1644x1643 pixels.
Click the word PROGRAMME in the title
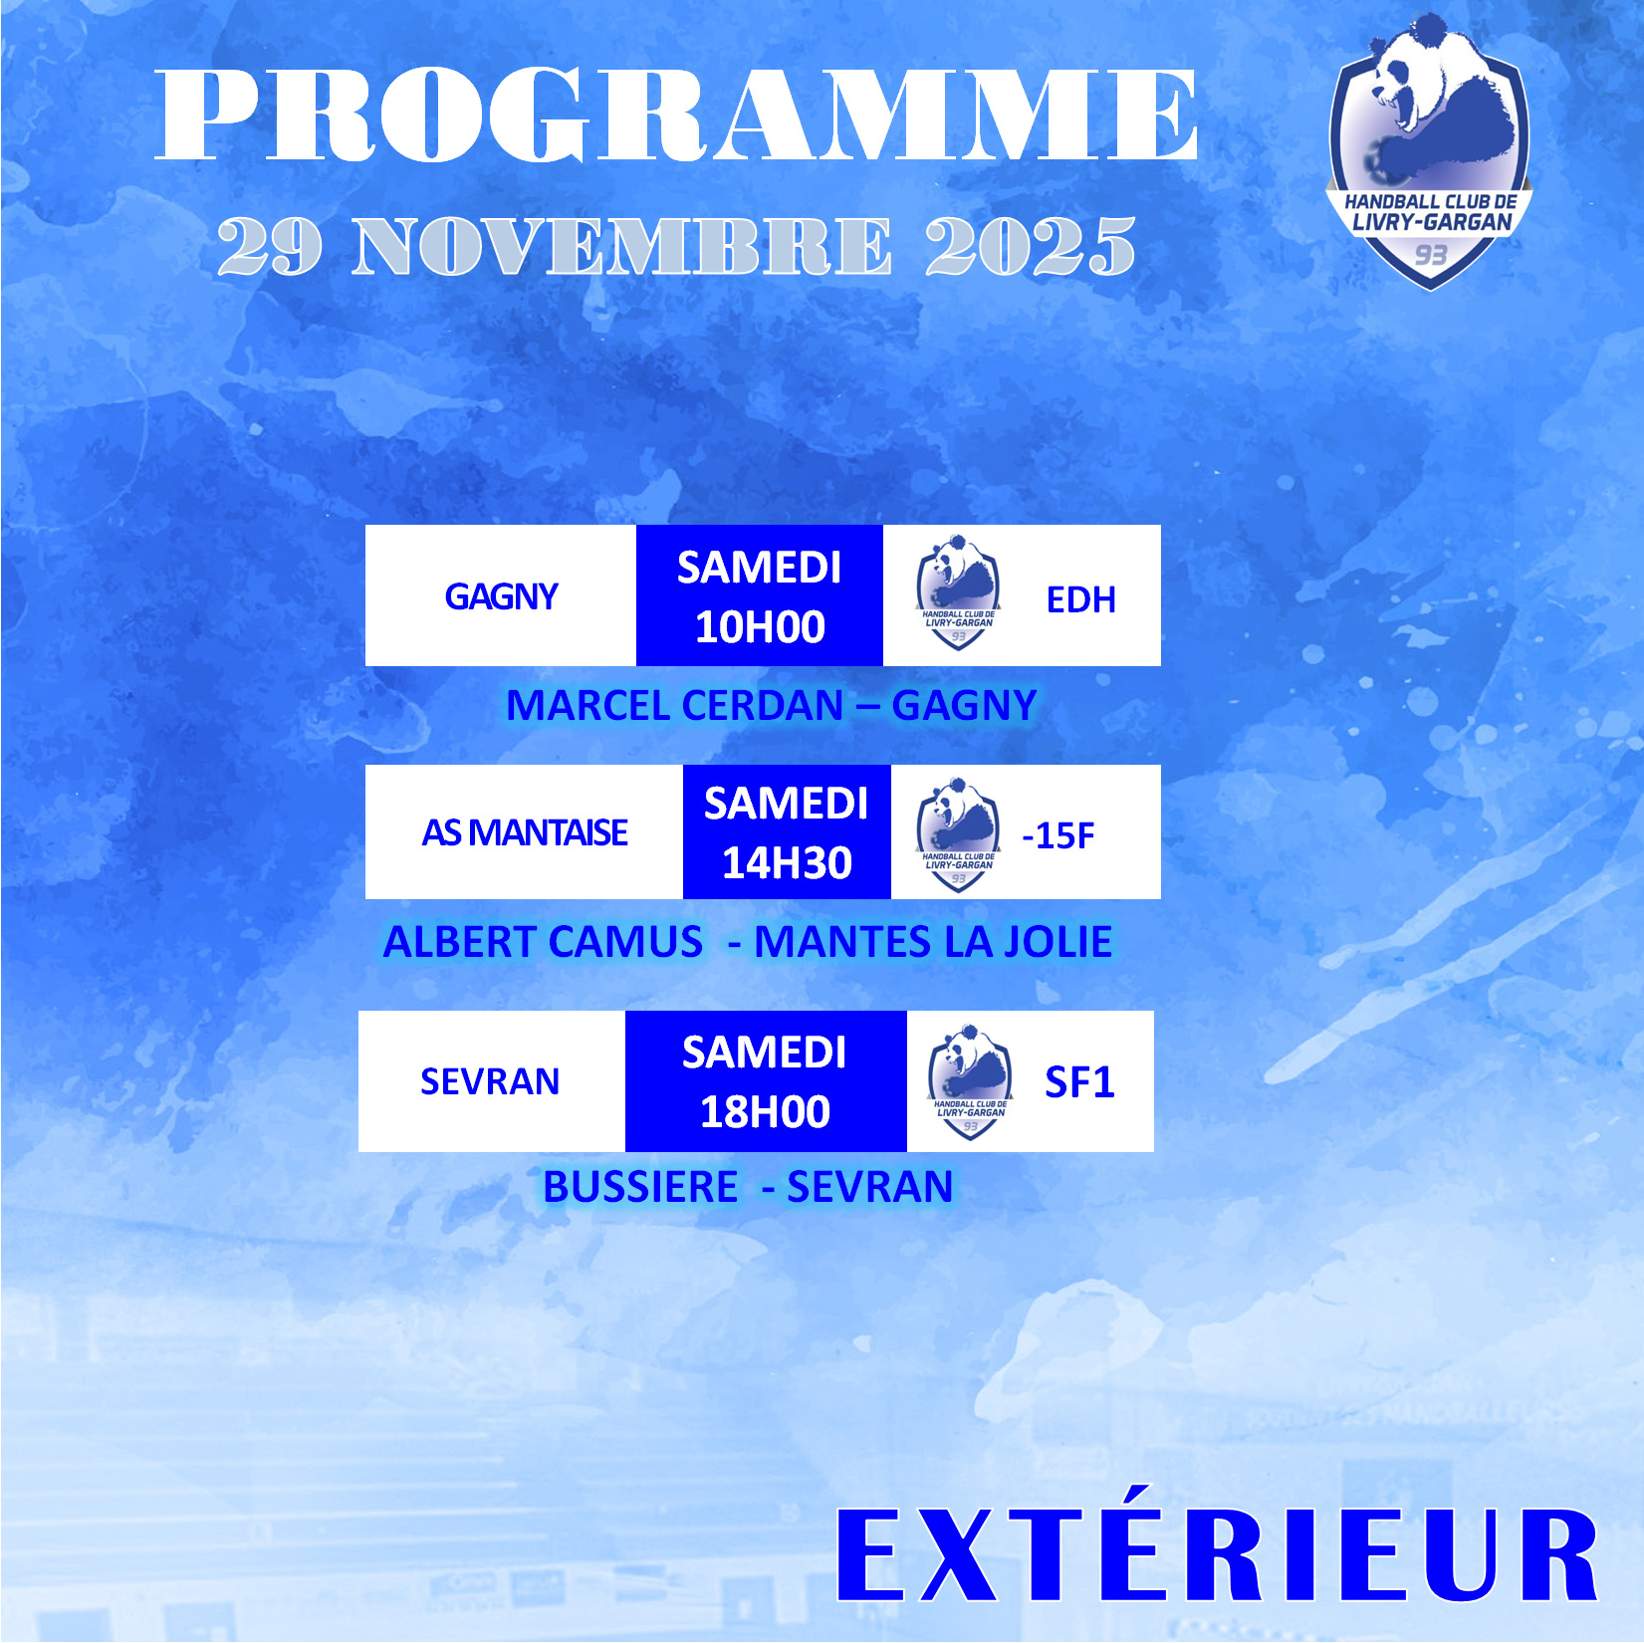[x=676, y=115]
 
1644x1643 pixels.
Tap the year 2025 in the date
[x=1031, y=246]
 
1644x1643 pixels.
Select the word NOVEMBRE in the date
[x=622, y=246]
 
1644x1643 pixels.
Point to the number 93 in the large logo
[x=1431, y=255]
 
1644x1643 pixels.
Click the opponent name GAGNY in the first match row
[x=501, y=596]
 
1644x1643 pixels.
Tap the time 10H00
[x=760, y=627]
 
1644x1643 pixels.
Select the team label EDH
[x=1080, y=600]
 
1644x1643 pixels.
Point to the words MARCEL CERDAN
[x=675, y=706]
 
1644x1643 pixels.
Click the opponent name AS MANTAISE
[x=525, y=832]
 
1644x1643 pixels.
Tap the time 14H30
[x=787, y=863]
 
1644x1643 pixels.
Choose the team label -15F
[x=1057, y=835]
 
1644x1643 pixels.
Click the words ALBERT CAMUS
[x=543, y=942]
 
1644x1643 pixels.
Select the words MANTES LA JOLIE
[x=933, y=942]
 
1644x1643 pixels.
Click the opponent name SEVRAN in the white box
[x=490, y=1081]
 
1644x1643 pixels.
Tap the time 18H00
[x=765, y=1112]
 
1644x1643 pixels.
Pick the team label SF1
[x=1079, y=1082]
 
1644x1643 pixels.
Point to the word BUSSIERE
[x=640, y=1187]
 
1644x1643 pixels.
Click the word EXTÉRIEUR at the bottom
[x=1217, y=1553]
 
